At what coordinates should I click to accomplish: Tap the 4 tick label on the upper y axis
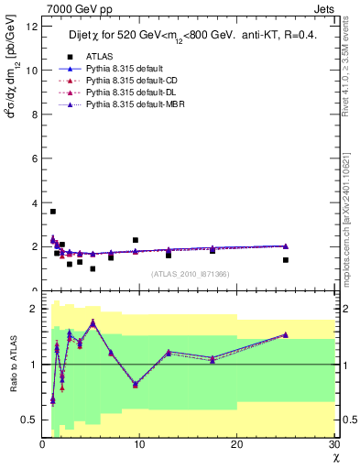(35, 202)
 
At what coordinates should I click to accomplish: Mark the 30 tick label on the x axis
(333, 445)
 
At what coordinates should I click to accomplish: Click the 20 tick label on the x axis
(236, 445)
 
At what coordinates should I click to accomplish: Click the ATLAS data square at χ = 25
(285, 260)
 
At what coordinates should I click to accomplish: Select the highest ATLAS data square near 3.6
(53, 212)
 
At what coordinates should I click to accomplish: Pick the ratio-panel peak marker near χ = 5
(93, 322)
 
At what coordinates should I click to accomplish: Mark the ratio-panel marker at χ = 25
(285, 334)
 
